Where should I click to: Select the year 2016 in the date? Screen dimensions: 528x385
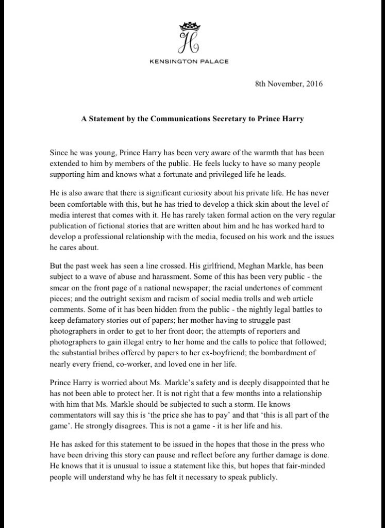coord(313,84)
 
